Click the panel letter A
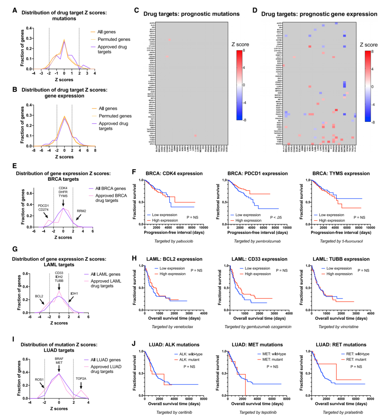click(x=15, y=10)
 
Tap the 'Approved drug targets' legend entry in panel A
click(x=112, y=49)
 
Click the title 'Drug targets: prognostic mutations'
click(x=191, y=14)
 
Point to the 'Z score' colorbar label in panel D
click(x=369, y=45)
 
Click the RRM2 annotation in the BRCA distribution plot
click(x=81, y=211)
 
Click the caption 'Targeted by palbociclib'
click(x=174, y=241)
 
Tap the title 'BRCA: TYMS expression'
click(x=341, y=174)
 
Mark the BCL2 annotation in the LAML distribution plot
click(x=39, y=296)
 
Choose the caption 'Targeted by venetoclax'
click(x=174, y=327)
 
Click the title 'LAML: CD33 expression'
click(x=257, y=259)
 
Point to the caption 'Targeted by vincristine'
click(x=341, y=327)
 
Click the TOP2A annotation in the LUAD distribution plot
click(x=81, y=379)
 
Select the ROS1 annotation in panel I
click(x=39, y=379)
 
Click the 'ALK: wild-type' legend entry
click(x=189, y=354)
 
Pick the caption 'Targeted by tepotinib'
click(x=258, y=412)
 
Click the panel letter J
click(x=134, y=344)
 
